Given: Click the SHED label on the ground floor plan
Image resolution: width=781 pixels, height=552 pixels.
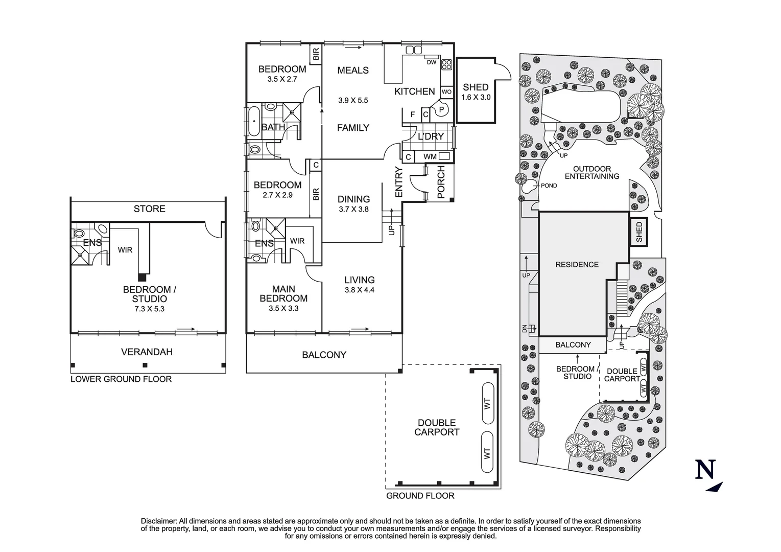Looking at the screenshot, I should [x=476, y=87].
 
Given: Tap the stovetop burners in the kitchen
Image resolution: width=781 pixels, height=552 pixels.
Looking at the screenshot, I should [x=446, y=64].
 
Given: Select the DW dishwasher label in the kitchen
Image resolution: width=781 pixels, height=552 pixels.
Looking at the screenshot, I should [x=431, y=62].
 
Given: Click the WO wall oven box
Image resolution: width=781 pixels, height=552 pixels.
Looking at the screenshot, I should [x=446, y=92].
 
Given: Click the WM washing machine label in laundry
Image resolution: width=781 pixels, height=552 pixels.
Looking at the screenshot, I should [x=430, y=157].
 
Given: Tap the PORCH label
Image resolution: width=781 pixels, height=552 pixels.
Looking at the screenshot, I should [x=441, y=182].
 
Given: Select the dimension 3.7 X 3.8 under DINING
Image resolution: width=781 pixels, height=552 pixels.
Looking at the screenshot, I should [x=353, y=209].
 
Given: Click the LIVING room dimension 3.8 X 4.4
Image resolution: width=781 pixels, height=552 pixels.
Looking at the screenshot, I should [x=359, y=290].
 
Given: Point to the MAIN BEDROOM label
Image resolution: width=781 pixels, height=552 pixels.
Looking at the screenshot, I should [x=283, y=294].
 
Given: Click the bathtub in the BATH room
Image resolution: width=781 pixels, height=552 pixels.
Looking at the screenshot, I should [x=254, y=121].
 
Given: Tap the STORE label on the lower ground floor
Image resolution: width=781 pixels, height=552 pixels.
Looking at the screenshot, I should [x=149, y=209].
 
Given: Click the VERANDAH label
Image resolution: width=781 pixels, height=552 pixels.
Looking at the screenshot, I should [x=147, y=352].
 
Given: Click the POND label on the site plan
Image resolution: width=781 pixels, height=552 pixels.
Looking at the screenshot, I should [x=549, y=186].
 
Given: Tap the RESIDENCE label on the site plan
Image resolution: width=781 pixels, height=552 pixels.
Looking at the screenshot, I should [x=577, y=264].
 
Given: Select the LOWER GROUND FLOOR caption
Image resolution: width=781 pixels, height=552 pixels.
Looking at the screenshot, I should [x=121, y=379].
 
